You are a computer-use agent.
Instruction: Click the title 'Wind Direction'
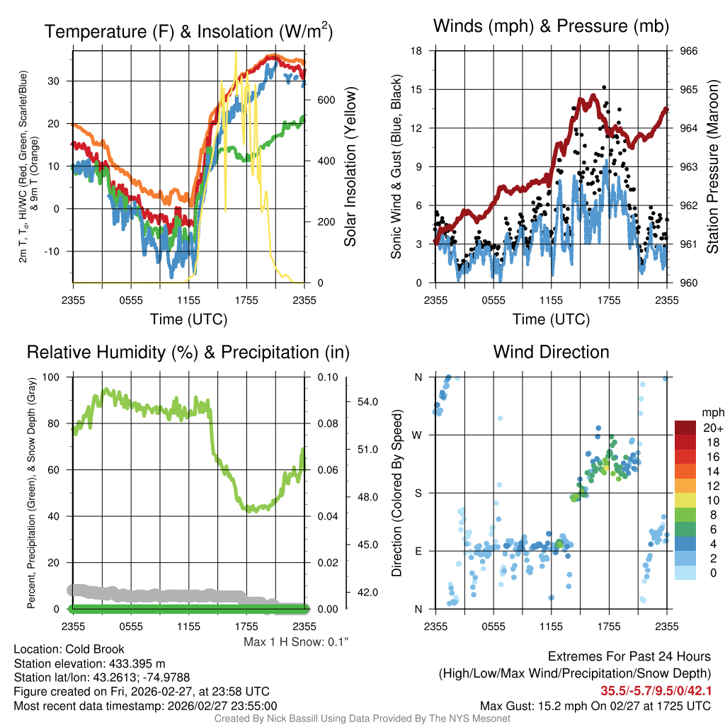(551, 352)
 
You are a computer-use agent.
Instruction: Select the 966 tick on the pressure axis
(688, 51)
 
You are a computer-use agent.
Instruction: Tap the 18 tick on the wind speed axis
(417, 51)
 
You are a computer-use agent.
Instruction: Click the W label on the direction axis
(418, 435)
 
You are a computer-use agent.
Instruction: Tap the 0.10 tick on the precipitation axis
(327, 377)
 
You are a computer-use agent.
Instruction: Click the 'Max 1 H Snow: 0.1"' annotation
(297, 641)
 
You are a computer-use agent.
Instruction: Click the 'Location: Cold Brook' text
(69, 649)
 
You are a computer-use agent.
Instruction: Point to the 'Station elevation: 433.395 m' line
(89, 663)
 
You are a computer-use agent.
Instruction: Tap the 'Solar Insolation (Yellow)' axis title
(350, 167)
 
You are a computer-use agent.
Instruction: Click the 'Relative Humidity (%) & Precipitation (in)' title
(188, 352)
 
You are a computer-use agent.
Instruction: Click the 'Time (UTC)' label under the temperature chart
(188, 319)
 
